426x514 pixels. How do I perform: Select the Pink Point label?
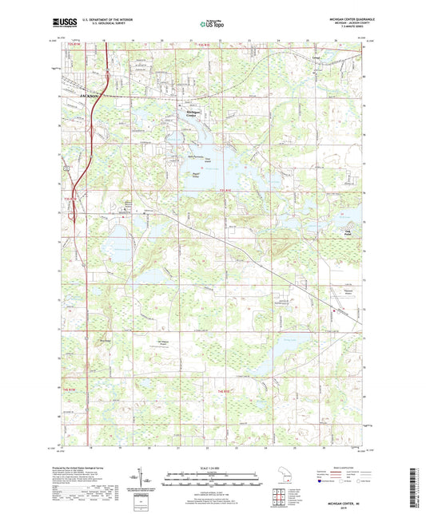[x=347, y=233]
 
